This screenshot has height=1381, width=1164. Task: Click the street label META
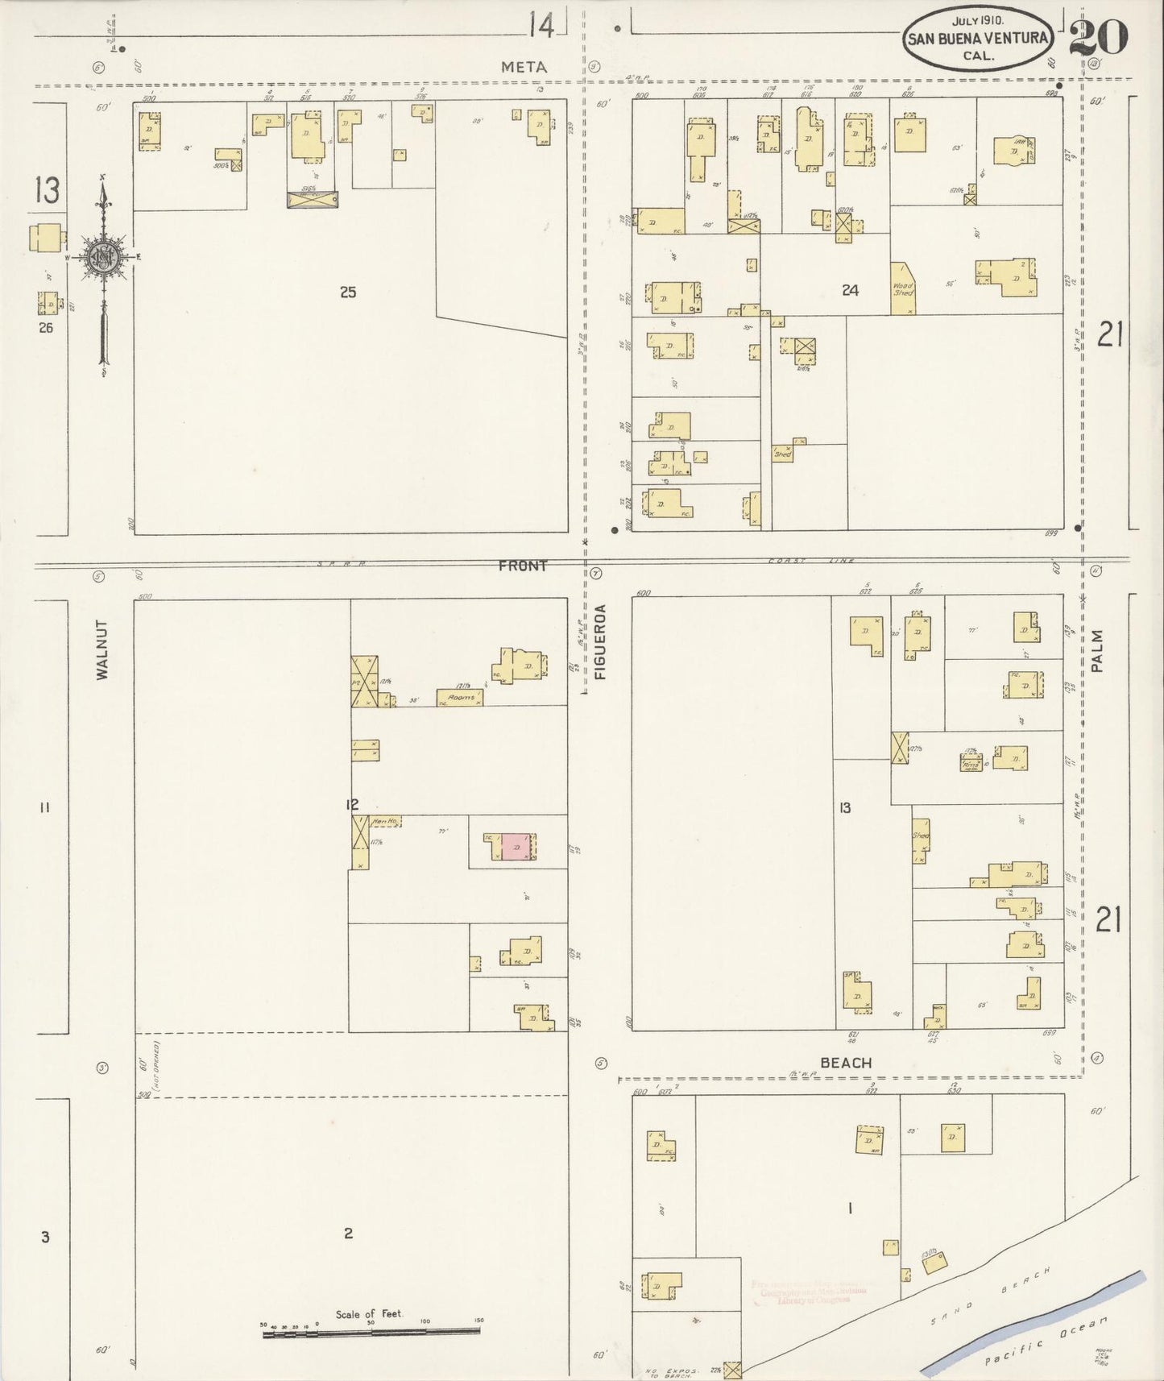click(x=524, y=68)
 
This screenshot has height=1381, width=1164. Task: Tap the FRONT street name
click(x=522, y=566)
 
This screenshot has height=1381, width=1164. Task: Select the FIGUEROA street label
click(x=599, y=642)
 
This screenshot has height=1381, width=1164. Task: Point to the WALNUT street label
click(x=102, y=649)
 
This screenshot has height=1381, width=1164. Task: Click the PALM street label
click(x=1096, y=651)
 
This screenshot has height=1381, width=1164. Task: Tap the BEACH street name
click(x=846, y=1063)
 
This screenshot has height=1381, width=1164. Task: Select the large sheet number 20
click(x=1099, y=38)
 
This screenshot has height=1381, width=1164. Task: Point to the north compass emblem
click(x=104, y=258)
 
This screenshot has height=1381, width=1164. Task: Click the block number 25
click(x=347, y=292)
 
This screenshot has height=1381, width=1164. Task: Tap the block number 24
click(x=850, y=291)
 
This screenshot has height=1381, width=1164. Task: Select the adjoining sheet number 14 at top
click(x=541, y=27)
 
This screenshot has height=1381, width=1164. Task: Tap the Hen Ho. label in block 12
click(x=385, y=822)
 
